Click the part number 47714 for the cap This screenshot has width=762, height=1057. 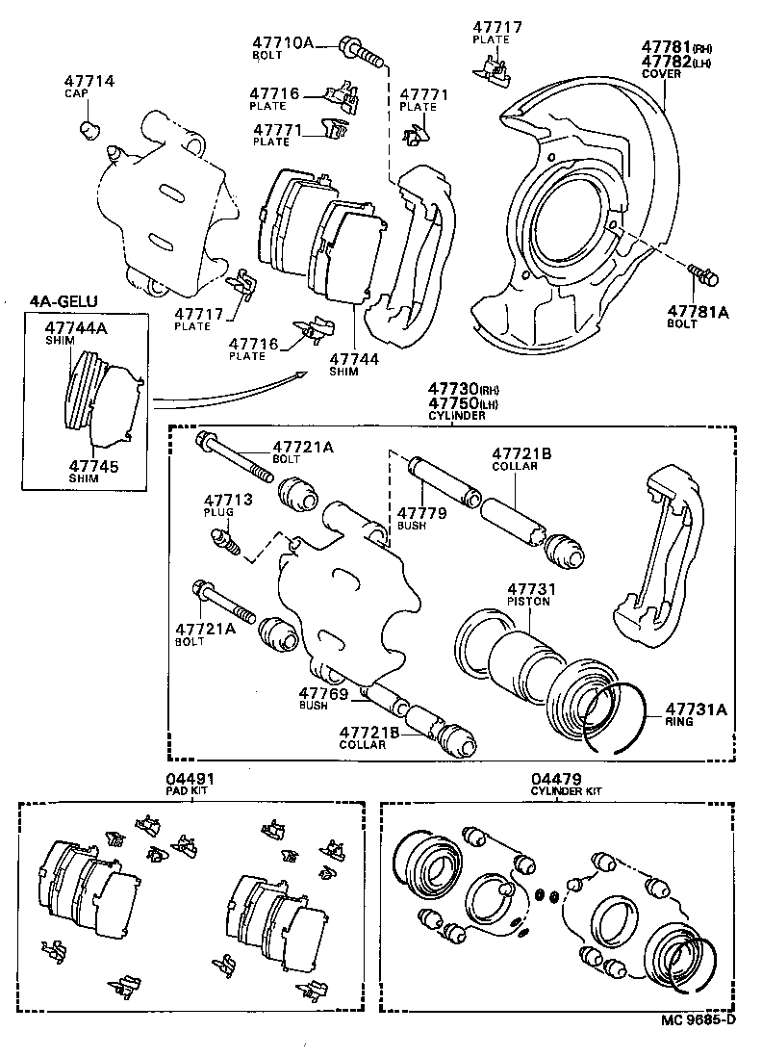[89, 81]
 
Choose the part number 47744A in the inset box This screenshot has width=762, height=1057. [77, 328]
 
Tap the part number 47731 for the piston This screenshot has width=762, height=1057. [529, 587]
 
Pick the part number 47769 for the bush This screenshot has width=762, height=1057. [322, 691]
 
